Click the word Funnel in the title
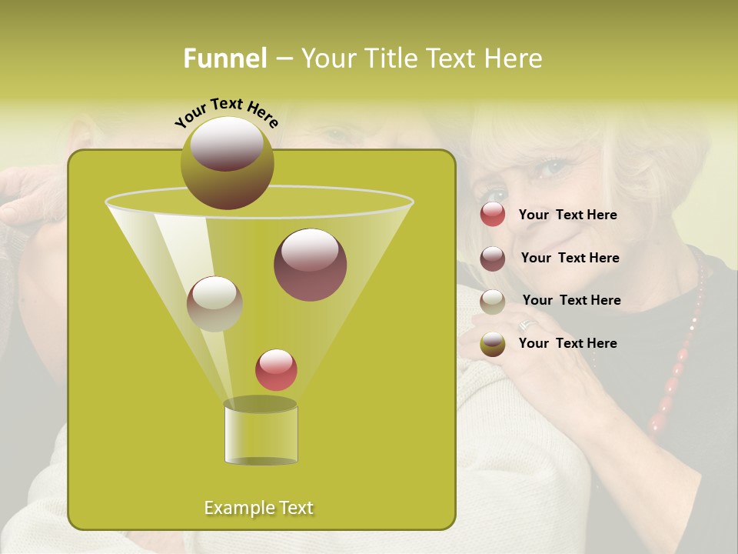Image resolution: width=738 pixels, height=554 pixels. [x=224, y=58]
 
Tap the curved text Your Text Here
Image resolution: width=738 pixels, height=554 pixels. [x=226, y=113]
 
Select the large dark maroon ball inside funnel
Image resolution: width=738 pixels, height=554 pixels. [x=310, y=265]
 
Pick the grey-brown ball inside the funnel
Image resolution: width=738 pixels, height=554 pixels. [x=214, y=304]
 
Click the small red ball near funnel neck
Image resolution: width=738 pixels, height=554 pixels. [x=276, y=369]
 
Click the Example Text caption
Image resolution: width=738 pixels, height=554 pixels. [x=258, y=508]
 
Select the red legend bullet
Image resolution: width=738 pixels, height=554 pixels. [x=493, y=215]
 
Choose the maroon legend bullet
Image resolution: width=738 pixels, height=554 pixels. [x=493, y=258]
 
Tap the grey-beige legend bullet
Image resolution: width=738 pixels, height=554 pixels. [x=493, y=301]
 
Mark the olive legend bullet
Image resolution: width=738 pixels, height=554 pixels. [x=493, y=343]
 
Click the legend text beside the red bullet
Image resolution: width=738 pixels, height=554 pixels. [x=567, y=215]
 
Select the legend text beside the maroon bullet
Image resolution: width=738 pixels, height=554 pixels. [x=570, y=258]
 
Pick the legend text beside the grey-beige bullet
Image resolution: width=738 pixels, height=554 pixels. [x=571, y=300]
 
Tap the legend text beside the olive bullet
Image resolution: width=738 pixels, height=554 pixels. [x=567, y=343]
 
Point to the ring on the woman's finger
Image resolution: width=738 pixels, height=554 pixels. [x=527, y=325]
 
